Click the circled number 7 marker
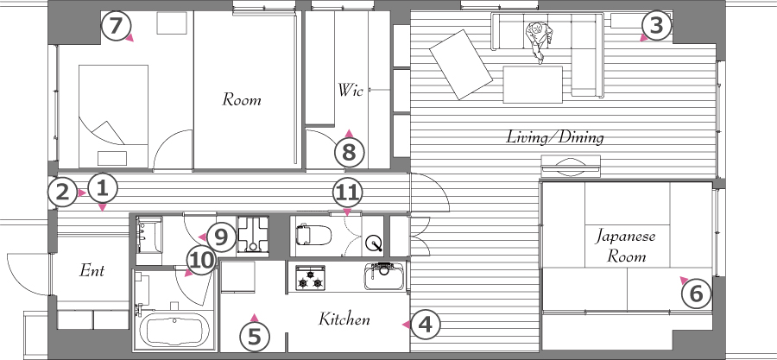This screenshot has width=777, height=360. [x=115, y=26]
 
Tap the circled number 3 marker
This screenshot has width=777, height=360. [x=656, y=25]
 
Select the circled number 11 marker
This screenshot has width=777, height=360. [x=347, y=193]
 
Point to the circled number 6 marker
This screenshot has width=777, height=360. [x=696, y=294]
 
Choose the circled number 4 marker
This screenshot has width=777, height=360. [x=425, y=325]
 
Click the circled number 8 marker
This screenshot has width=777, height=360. [x=349, y=153]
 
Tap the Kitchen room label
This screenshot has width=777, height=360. [x=344, y=319]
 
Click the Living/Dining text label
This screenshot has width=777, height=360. [x=554, y=136]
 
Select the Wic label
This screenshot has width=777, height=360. [x=351, y=90]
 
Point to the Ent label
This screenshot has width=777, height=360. [x=92, y=270]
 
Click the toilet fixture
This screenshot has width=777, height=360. [x=313, y=234]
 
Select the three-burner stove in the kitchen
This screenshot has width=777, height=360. [x=310, y=278]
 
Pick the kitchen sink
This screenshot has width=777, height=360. [x=384, y=275]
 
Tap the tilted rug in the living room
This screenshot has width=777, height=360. [x=461, y=65]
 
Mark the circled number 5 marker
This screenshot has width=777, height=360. [x=254, y=337]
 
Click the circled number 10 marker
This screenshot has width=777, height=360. [x=201, y=260]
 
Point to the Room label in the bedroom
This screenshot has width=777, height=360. [x=242, y=99]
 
